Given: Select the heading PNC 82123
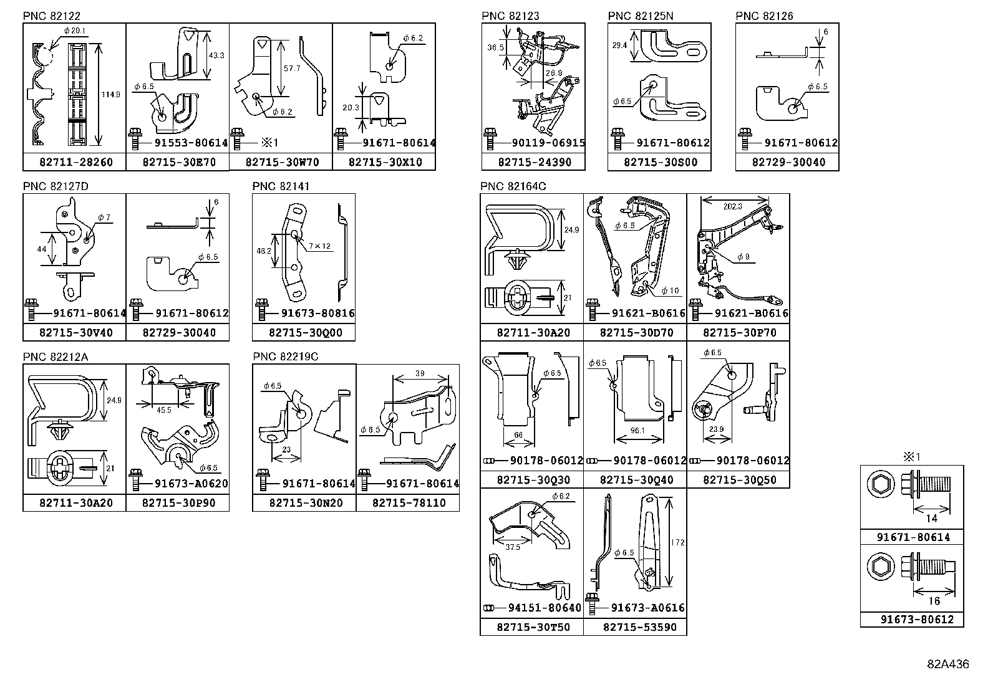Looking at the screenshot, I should [x=510, y=16].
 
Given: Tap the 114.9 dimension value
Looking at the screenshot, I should [x=114, y=94].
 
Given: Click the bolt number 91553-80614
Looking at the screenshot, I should [x=191, y=143].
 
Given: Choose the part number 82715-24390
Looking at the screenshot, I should [x=533, y=163].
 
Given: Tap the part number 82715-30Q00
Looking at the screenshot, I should [x=303, y=333].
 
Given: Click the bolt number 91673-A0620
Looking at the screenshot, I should [x=191, y=483].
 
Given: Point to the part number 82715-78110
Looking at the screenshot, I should [x=409, y=503].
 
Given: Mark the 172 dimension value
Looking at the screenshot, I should [x=678, y=542].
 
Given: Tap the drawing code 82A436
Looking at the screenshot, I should [x=947, y=664].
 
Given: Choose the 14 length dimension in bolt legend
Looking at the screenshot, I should [x=931, y=518].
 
